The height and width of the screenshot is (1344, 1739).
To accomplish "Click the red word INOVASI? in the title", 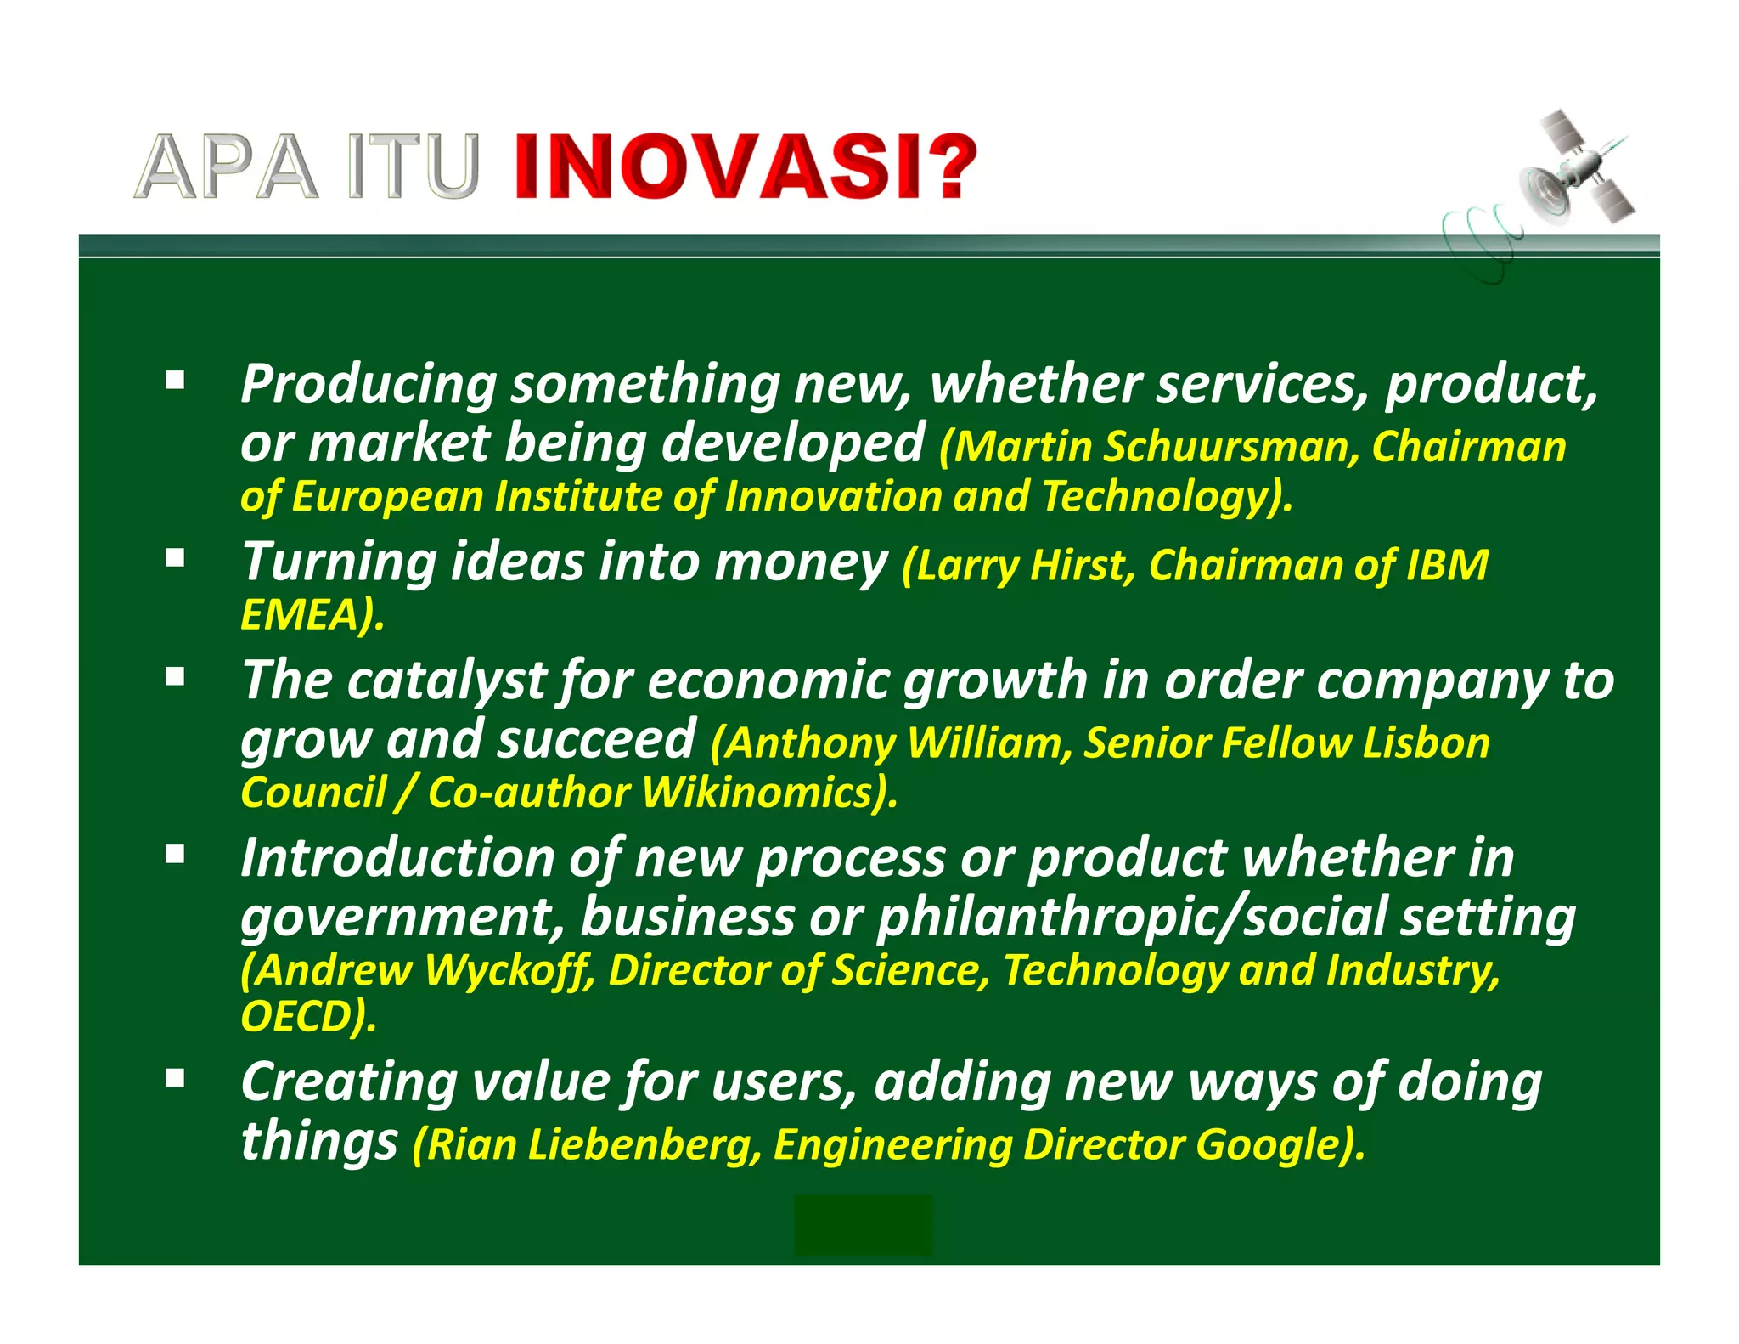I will click(746, 167).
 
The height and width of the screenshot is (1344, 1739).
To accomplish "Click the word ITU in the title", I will click(414, 168).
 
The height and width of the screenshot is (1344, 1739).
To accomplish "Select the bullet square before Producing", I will click(175, 380).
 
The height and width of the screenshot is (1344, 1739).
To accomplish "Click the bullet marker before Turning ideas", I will click(175, 558).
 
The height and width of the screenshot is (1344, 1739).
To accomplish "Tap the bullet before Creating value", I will click(175, 1079).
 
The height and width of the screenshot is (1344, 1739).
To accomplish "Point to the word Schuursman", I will click(1225, 448).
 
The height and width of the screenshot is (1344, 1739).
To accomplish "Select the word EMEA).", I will click(312, 615).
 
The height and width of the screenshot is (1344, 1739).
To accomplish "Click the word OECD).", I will click(307, 1017).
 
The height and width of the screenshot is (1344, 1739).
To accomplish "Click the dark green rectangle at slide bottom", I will click(863, 1225).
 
